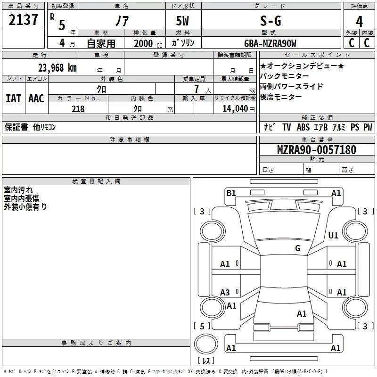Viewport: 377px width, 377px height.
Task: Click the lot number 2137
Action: click(x=24, y=20)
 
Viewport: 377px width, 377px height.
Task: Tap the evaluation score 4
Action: click(x=360, y=21)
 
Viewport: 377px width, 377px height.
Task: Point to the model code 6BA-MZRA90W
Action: click(x=270, y=44)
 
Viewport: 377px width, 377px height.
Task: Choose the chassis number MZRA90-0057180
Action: click(x=317, y=150)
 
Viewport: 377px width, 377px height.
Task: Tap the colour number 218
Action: click(x=78, y=109)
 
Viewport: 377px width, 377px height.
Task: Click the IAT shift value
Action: click(x=13, y=98)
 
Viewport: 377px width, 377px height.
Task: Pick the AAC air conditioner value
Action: click(x=36, y=98)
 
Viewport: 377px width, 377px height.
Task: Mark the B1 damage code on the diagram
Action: click(x=231, y=193)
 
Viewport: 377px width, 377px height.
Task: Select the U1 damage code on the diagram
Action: click(x=333, y=236)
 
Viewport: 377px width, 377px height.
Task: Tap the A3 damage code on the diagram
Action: click(x=225, y=293)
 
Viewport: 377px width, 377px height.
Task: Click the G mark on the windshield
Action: click(x=298, y=248)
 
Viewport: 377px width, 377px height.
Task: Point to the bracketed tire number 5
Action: click(x=202, y=326)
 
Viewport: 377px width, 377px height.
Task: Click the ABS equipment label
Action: click(x=303, y=127)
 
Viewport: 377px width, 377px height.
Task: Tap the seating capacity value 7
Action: click(x=196, y=89)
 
